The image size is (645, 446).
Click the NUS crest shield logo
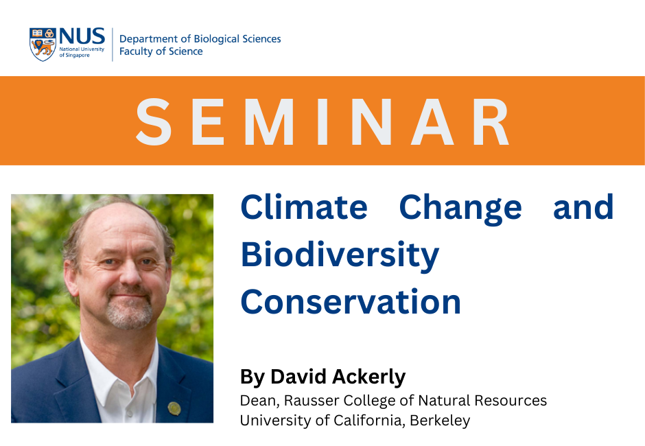pos(43,45)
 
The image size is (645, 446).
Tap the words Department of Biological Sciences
pos(200,38)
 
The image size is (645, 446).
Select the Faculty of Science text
pos(161,51)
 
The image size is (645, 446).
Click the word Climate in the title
pos(303,207)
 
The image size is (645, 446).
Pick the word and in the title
pos(583,207)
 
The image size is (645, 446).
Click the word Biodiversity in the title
pos(340,255)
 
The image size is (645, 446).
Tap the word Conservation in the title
pos(350,302)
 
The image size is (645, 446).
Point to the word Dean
pos(257,400)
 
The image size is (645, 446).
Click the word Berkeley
pos(440,420)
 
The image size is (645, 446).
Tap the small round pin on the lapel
pos(174,408)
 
